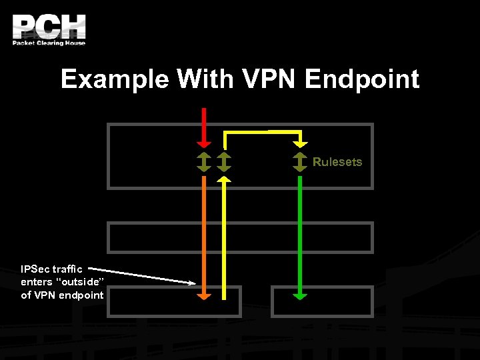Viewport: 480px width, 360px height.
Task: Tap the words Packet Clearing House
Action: pos(49,43)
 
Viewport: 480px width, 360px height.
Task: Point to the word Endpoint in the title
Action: pos(362,79)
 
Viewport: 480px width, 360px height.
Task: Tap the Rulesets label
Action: pos(337,162)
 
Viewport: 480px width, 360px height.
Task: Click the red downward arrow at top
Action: pos(205,127)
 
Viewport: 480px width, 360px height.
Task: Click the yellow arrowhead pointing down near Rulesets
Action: pos(301,142)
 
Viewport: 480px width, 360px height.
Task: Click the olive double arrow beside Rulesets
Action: pos(301,162)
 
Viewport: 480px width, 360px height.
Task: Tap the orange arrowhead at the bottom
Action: pos(205,295)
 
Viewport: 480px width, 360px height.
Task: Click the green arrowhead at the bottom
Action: pos(300,295)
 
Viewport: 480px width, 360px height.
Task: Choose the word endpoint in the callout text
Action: pos(81,295)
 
